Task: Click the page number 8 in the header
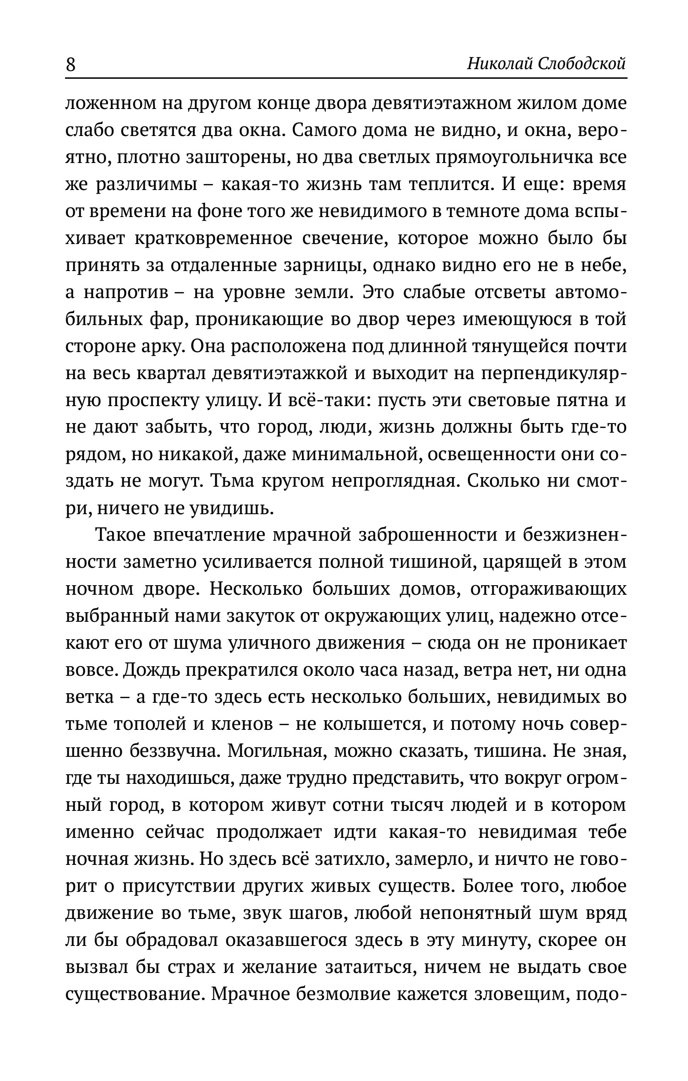(x=71, y=65)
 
